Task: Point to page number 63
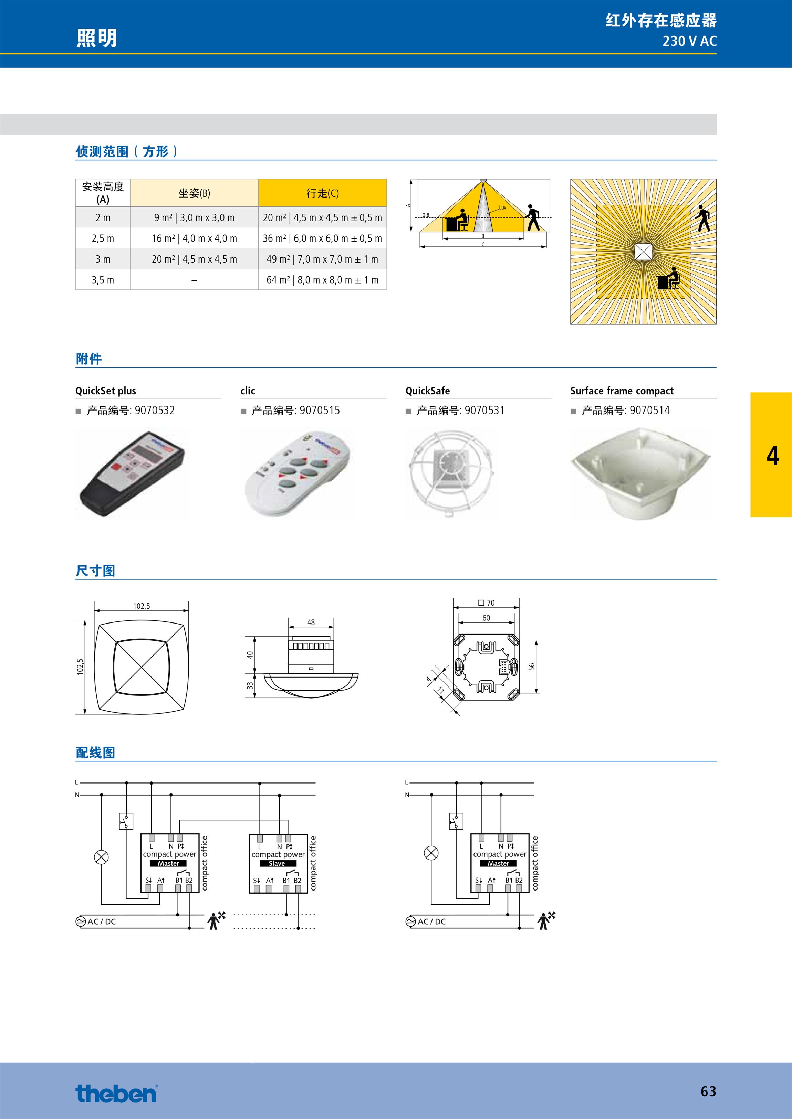point(708,1091)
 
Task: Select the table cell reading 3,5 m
point(103,280)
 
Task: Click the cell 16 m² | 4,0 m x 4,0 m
point(194,238)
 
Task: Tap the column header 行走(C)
point(322,193)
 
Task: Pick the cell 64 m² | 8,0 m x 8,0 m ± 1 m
point(322,280)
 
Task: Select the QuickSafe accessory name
point(428,391)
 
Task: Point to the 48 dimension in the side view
point(311,622)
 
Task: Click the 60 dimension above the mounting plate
point(486,618)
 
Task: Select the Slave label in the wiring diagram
point(277,863)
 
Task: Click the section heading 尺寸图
point(96,571)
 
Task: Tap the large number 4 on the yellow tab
point(772,456)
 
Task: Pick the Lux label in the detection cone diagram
point(502,207)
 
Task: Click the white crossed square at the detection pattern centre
point(643,252)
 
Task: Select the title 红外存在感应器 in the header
point(661,20)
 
